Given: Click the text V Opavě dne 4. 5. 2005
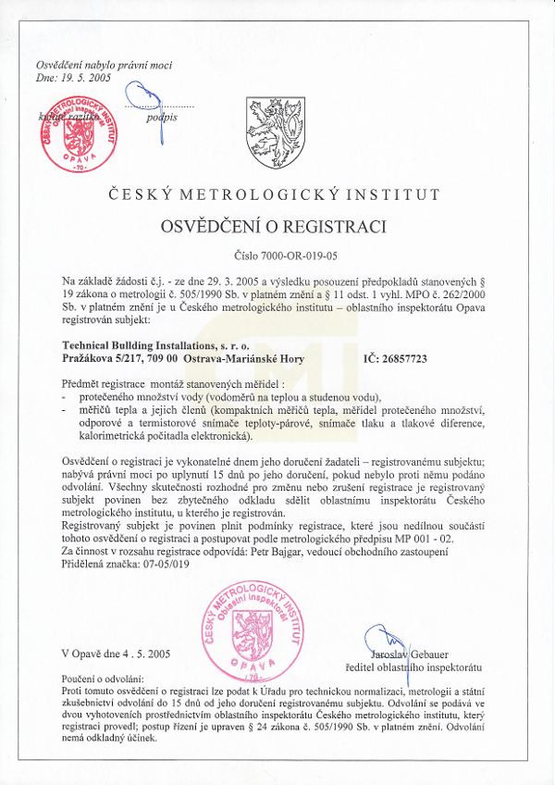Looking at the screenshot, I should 117,654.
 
